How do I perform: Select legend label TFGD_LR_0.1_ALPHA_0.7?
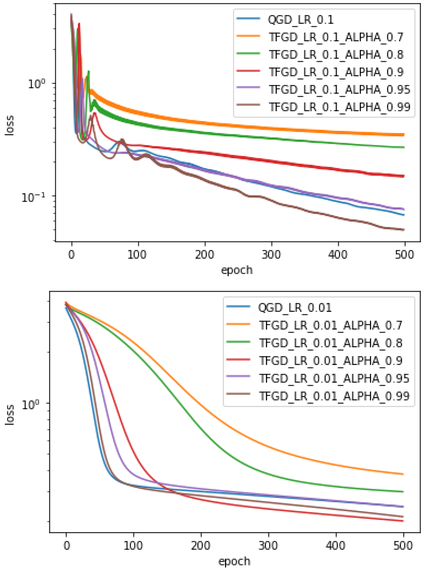[336, 37]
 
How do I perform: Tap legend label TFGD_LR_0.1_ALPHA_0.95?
[339, 89]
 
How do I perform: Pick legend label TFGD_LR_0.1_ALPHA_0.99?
[339, 107]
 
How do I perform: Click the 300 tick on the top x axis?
[271, 255]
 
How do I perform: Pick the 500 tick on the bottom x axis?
[403, 546]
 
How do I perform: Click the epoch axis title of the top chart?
[237, 270]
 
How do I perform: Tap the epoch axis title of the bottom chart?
[234, 561]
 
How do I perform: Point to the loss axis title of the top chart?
[10, 125]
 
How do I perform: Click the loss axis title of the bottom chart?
[10, 415]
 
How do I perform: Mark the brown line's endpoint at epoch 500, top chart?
[404, 230]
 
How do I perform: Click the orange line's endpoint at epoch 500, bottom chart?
[403, 474]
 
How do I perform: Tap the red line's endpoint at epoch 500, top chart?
[404, 176]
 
